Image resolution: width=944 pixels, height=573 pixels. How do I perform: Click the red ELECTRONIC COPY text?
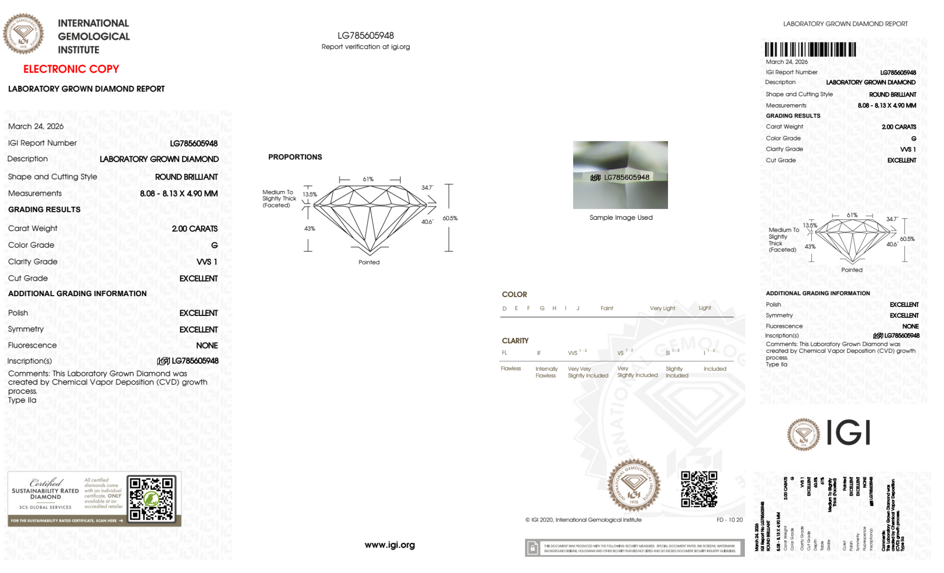pos(71,69)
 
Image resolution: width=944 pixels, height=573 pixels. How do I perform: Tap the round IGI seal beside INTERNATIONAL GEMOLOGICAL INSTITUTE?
pos(23,34)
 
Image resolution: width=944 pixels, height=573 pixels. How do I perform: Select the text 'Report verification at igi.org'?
pos(366,47)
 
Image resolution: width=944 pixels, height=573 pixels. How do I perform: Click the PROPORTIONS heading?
pos(295,157)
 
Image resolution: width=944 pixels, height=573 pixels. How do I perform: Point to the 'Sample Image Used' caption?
pos(621,217)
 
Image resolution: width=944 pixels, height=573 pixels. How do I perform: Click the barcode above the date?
pos(810,50)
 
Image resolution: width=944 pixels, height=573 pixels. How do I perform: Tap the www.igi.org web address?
pos(390,545)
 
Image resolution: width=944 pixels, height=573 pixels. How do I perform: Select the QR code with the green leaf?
pos(151,499)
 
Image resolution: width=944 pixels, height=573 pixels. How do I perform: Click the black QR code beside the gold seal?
pos(699,489)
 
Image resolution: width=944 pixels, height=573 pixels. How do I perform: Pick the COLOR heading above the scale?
pos(514,294)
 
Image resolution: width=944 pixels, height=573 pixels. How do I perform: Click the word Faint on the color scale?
pos(607,308)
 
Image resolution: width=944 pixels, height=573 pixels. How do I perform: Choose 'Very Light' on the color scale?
pos(662,308)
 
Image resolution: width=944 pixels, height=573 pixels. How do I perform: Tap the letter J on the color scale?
pos(578,308)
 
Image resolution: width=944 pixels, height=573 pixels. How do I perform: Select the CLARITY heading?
pos(515,340)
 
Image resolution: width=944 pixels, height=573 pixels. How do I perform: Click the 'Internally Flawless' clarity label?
pos(546,372)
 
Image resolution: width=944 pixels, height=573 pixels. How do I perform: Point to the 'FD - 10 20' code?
pos(729,520)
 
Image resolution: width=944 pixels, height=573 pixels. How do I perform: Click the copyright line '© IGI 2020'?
pos(583,520)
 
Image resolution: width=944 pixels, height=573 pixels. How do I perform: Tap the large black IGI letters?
pos(849,432)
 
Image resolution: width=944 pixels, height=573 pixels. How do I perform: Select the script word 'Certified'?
pos(46,482)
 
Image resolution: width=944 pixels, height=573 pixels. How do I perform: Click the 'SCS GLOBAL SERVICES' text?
pos(45,507)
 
